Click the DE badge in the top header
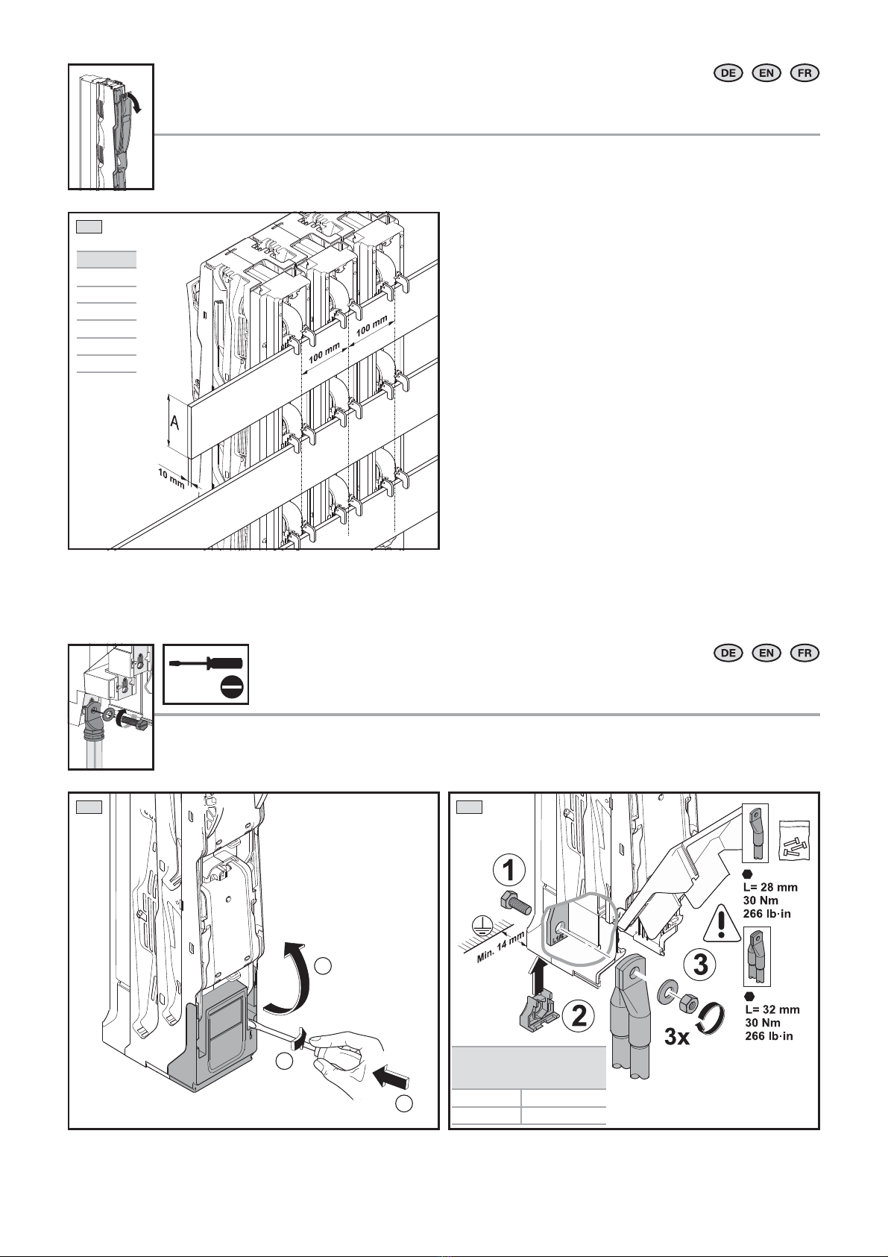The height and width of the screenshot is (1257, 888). [x=728, y=73]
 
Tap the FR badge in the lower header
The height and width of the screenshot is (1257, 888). [x=804, y=653]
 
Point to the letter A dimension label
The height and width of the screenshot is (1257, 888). [x=174, y=422]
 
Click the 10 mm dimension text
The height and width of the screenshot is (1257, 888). [x=171, y=478]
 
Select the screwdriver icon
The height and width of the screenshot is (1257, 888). [x=206, y=663]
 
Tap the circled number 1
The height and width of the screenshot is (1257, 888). [x=509, y=871]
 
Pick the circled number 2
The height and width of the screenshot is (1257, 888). [x=579, y=1016]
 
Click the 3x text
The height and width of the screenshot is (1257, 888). [x=676, y=1038]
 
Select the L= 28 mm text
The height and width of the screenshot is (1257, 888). [x=770, y=888]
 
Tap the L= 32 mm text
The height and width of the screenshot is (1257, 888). [x=772, y=1009]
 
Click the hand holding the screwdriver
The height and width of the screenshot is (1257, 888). [x=347, y=1056]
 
